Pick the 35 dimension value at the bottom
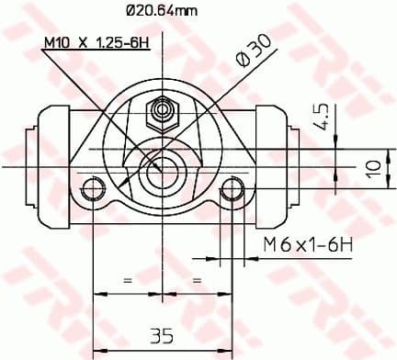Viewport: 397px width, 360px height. tap(163, 334)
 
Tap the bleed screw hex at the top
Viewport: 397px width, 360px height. tap(164, 111)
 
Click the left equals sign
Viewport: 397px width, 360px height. tap(128, 278)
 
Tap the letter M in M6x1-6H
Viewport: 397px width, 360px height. tap(268, 244)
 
